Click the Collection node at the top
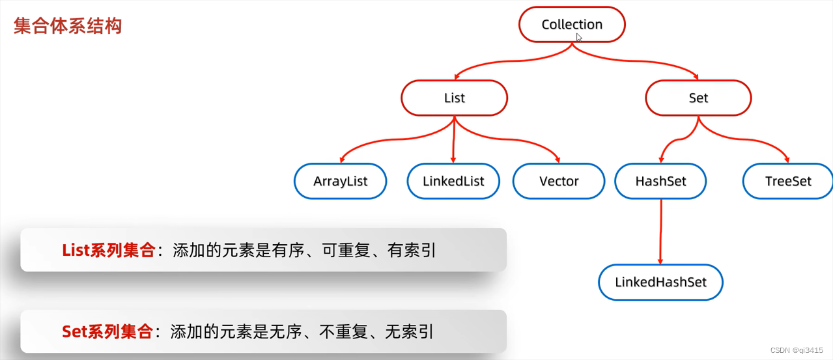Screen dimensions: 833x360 coord(572,25)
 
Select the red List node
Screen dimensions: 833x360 coord(454,98)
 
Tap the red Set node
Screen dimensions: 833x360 coord(698,98)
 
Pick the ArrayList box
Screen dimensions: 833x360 coord(341,181)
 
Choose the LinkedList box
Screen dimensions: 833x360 coord(454,181)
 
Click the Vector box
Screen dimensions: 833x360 coord(559,181)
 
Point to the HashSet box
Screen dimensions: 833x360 coord(660,181)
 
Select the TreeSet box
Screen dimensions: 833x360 coord(788,181)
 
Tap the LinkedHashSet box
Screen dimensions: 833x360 coord(660,283)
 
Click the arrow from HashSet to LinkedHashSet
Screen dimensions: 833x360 coord(661,231)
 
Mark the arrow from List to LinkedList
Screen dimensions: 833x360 coord(454,140)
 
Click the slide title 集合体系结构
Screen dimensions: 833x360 coord(68,26)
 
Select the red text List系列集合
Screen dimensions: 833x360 coord(109,250)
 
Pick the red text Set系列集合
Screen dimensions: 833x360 coord(107,332)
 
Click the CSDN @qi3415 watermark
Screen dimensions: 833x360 coord(797,350)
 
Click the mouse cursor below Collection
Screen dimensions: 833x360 coord(579,38)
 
